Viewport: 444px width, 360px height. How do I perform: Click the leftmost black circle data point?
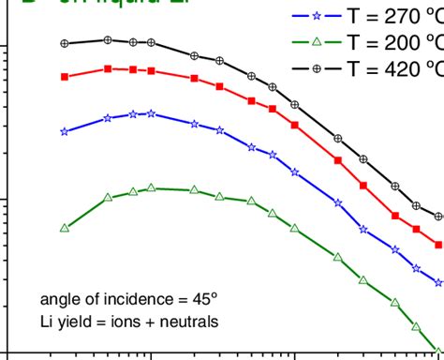[65, 44]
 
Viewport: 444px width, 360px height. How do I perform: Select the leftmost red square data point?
[65, 76]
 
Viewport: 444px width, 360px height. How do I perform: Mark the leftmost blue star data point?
[65, 132]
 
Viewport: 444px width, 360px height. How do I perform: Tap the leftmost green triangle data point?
[65, 228]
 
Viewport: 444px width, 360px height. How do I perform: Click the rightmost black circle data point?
[438, 217]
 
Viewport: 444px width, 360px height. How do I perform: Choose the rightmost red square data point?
[438, 245]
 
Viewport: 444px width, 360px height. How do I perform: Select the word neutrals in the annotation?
[189, 322]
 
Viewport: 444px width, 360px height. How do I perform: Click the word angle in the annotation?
[59, 301]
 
